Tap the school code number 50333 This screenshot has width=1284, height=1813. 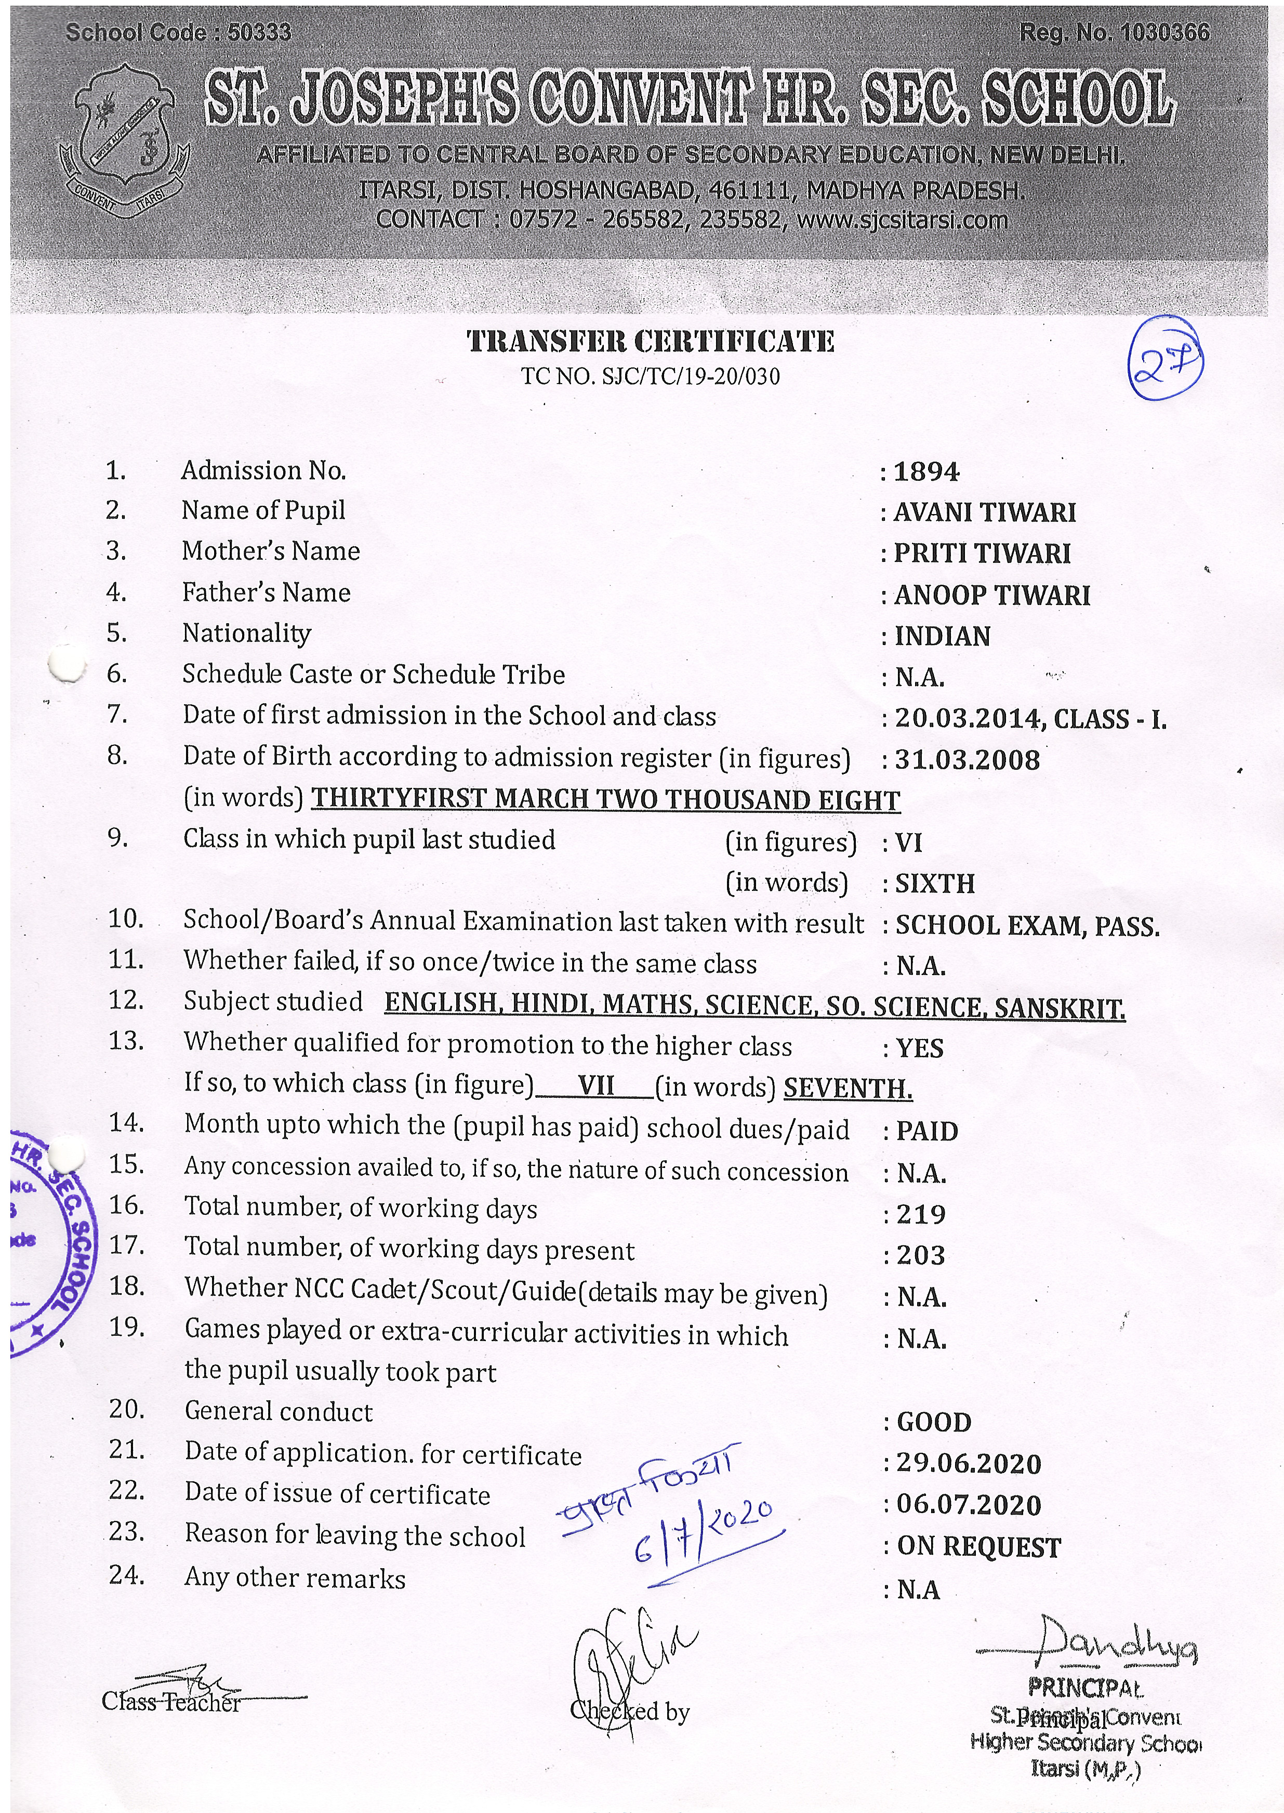[259, 32]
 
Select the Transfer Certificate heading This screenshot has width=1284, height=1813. [650, 341]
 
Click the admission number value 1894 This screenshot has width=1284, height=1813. [926, 472]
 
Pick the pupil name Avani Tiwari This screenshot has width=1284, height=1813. [984, 513]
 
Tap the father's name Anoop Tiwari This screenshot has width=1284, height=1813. [991, 595]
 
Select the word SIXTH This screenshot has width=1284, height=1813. [934, 883]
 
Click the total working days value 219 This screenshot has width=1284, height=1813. [921, 1214]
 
